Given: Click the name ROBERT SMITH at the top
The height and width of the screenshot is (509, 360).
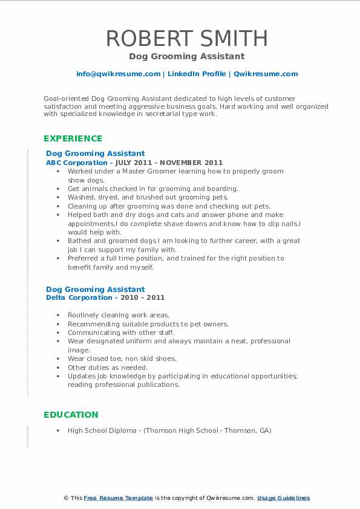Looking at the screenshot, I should [186, 38].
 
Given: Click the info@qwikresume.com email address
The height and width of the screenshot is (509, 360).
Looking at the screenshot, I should [118, 74].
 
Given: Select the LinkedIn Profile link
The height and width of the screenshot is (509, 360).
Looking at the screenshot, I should [197, 74].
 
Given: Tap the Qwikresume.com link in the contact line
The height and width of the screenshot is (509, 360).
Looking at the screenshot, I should [266, 74].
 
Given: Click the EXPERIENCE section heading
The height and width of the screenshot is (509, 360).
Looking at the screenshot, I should [73, 138].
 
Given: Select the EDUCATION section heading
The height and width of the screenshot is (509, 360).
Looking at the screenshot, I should [71, 415].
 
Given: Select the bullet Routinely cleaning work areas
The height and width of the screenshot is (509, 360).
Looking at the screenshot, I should [119, 315].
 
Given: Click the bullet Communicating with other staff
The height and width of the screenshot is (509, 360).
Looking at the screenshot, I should [121, 332].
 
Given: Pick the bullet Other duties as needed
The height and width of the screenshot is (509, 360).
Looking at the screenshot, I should [108, 368].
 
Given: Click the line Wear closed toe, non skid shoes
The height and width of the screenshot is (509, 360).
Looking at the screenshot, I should [122, 358].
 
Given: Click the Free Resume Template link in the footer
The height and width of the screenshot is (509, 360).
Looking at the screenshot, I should [118, 498].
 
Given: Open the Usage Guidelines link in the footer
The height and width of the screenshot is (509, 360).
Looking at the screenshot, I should [283, 498].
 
